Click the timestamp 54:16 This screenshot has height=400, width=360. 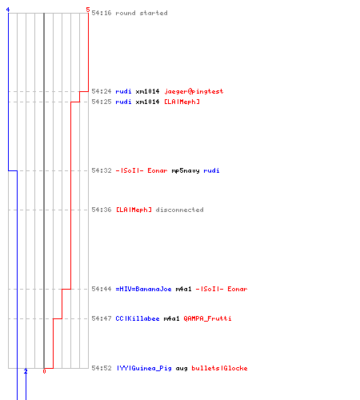[x=102, y=13]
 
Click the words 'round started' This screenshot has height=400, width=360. [x=142, y=13]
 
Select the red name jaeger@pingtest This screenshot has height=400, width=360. [x=194, y=91]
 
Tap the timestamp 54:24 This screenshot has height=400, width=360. [x=102, y=91]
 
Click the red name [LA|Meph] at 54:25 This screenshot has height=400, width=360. [x=182, y=102]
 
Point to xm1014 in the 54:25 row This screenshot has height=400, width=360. [x=147, y=102]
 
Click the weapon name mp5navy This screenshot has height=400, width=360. [x=186, y=170]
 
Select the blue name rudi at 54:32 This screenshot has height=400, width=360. [x=211, y=170]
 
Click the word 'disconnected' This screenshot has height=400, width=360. [x=179, y=210]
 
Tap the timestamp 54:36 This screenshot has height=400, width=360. [x=102, y=210]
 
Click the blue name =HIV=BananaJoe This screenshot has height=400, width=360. [x=143, y=289]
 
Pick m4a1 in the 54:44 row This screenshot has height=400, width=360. [x=183, y=289]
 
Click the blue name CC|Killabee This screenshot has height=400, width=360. [x=138, y=318]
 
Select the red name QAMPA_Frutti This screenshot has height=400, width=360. [x=207, y=318]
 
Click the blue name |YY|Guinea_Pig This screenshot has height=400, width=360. [x=143, y=368]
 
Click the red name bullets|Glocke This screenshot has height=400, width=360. [x=219, y=368]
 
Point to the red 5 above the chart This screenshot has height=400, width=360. [x=88, y=10]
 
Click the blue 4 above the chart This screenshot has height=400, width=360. [x=8, y=10]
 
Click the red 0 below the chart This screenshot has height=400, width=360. [x=44, y=371]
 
